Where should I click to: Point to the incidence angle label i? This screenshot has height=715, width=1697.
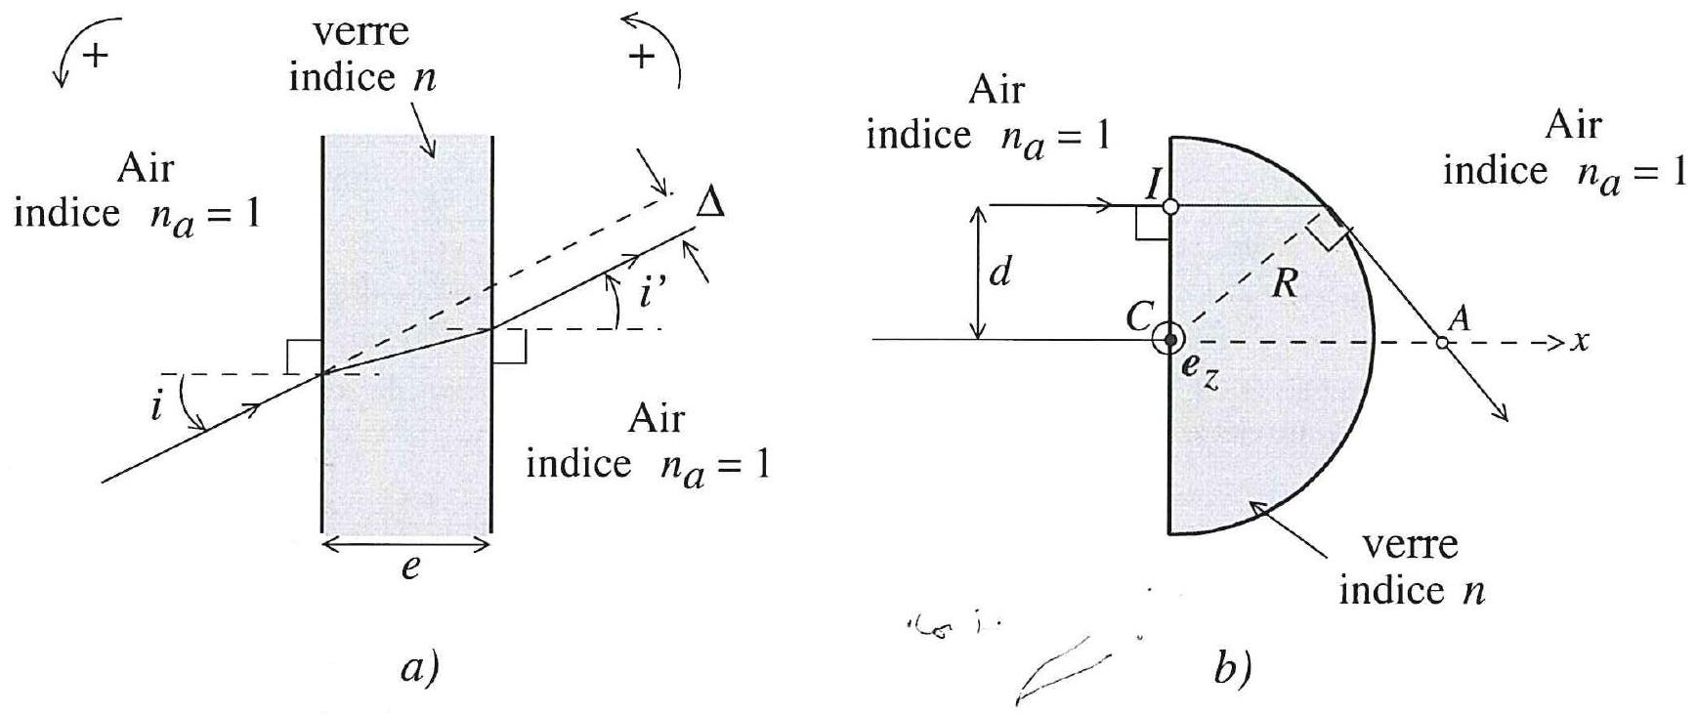click(x=157, y=405)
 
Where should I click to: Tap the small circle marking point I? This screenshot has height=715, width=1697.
click(x=1170, y=206)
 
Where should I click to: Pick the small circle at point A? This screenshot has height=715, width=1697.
click(x=1442, y=341)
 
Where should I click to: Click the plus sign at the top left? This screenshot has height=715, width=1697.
click(x=95, y=56)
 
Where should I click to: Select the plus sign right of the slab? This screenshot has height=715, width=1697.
click(x=641, y=59)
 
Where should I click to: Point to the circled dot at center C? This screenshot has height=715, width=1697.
click(x=1169, y=340)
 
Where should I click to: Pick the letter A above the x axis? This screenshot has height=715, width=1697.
click(x=1463, y=318)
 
